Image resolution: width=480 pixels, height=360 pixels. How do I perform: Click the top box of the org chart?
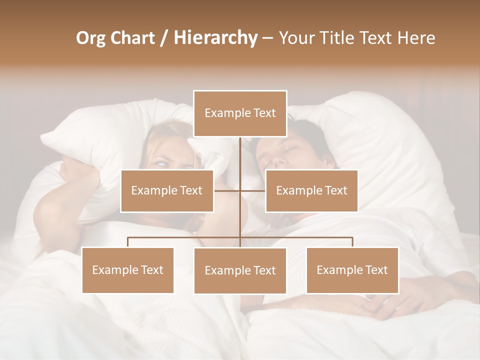point(240,113)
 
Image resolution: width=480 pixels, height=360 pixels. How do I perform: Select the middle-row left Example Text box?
point(167,190)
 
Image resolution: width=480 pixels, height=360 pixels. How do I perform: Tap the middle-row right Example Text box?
point(311,190)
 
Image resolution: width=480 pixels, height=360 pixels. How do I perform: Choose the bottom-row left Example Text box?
point(127,270)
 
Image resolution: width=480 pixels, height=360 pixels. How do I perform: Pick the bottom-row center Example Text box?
point(240,270)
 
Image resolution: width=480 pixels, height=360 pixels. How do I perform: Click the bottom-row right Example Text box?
point(352,270)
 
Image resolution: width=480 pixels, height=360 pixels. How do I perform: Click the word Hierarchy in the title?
point(215,38)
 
